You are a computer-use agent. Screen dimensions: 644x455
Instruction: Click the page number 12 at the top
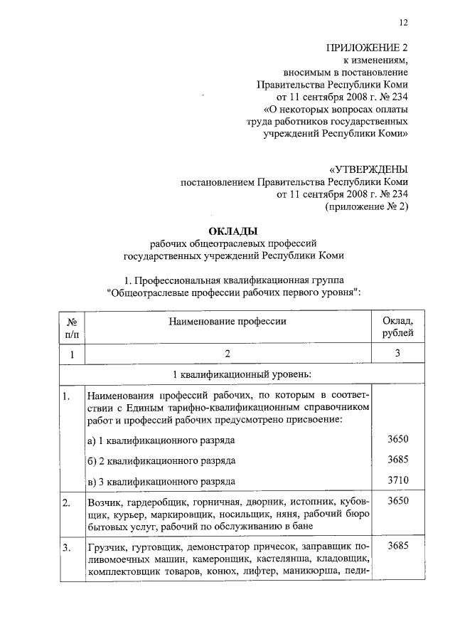(403, 23)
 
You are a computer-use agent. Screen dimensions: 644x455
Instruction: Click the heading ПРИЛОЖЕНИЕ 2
(367, 48)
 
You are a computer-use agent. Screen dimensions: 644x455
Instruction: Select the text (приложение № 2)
(366, 206)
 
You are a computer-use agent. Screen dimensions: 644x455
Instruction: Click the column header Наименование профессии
(227, 321)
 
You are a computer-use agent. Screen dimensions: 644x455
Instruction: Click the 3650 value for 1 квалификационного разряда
(398, 440)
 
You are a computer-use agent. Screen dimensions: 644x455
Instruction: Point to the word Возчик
(102, 503)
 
